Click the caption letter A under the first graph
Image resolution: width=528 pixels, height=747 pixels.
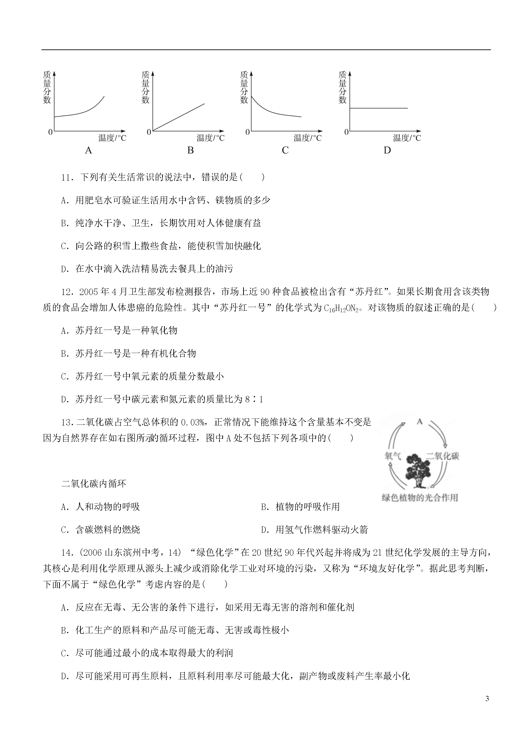click(88, 150)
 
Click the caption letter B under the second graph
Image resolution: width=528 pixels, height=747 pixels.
click(191, 150)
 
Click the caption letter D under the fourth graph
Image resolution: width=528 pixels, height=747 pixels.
click(387, 150)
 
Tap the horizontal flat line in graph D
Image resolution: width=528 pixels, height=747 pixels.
click(379, 108)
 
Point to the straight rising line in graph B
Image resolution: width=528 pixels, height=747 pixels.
click(179, 117)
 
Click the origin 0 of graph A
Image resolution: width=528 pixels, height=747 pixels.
click(50, 132)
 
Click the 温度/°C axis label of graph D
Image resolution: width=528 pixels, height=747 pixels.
click(407, 138)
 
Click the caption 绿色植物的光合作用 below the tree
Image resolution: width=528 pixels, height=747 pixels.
click(420, 497)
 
